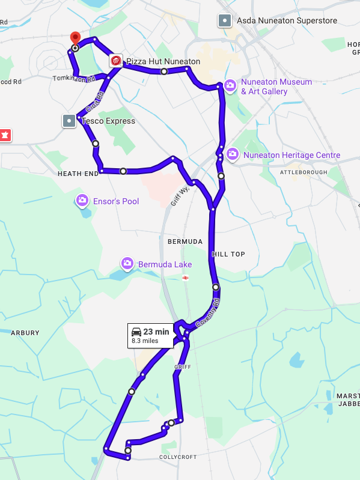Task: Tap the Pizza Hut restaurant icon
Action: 116,61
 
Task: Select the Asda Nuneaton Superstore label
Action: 287,21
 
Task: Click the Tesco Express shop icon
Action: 69,121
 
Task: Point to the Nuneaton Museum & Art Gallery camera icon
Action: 230,87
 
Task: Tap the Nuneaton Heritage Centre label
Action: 291,156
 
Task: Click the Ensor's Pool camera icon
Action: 82,201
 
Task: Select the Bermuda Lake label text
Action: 165,264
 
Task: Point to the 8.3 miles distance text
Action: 145,341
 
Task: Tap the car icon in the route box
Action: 136,332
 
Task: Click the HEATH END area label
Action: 78,174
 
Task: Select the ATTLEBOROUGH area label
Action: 304,172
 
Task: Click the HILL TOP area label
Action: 228,254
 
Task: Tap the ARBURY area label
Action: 25,333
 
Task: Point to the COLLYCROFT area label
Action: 178,457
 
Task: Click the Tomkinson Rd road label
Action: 74,79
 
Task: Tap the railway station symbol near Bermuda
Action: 186,278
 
